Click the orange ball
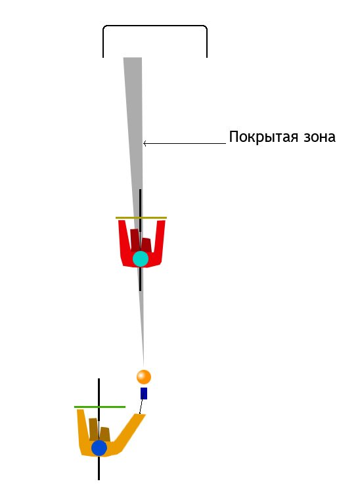pos(144,377)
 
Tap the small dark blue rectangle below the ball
pos(144,393)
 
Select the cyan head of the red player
pos(141,259)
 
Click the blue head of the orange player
pos(99,448)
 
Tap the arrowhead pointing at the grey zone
pos(145,143)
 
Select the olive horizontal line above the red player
pos(141,217)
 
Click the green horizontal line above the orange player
pos(100,407)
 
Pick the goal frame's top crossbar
pos(155,26)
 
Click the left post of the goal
pos(103,43)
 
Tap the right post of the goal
pos(207,43)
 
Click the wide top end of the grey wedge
pos(133,58)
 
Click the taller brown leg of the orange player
pos(94,429)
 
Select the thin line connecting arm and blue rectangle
pos(141,407)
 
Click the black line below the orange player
pos(99,468)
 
